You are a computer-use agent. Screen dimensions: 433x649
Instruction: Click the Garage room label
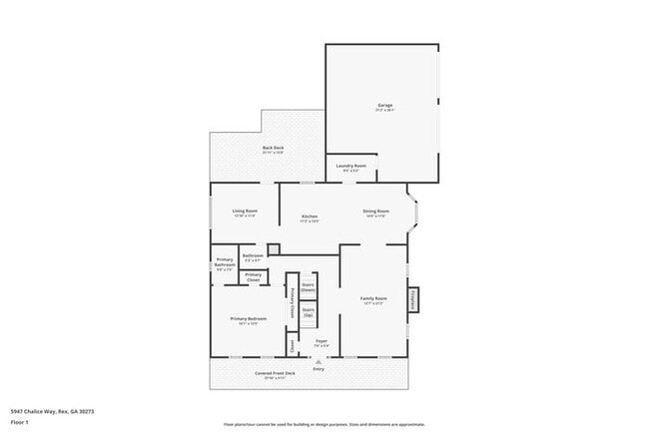click(x=384, y=106)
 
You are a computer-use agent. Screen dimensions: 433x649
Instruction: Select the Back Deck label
click(x=274, y=149)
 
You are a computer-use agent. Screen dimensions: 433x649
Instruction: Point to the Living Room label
click(x=246, y=212)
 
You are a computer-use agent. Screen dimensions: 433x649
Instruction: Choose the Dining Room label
click(x=375, y=212)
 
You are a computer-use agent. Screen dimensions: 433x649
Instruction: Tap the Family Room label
click(x=373, y=298)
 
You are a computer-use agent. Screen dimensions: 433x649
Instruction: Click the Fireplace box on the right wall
click(x=413, y=299)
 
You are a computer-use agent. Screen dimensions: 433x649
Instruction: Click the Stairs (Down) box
click(x=309, y=287)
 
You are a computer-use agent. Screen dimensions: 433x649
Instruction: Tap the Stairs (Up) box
click(x=309, y=313)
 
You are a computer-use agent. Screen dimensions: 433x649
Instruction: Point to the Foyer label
click(x=322, y=342)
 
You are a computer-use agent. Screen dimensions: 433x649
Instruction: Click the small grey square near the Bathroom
click(x=273, y=248)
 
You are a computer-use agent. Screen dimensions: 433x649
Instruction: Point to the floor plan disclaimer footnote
click(x=324, y=424)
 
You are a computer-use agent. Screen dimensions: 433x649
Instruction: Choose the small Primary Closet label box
click(x=254, y=276)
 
